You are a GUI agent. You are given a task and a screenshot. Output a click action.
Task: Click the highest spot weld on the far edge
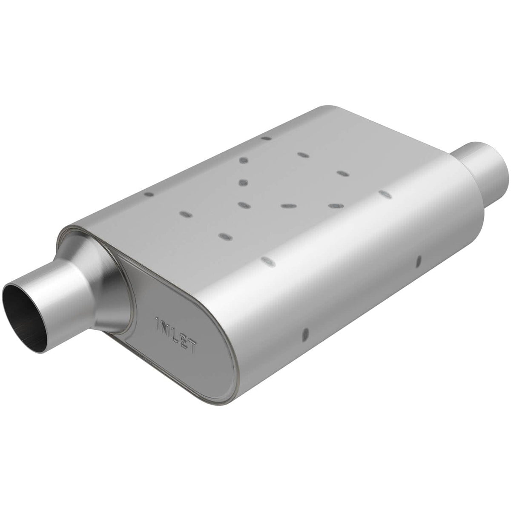(x=266, y=138)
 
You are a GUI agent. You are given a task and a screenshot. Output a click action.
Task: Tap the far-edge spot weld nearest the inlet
(x=149, y=194)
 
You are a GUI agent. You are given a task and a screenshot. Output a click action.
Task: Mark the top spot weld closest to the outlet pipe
(x=385, y=194)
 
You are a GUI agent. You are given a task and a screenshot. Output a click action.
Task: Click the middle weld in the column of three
(x=244, y=183)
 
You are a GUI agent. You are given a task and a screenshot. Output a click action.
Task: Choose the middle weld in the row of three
(x=287, y=205)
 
